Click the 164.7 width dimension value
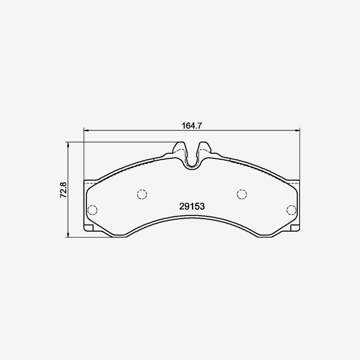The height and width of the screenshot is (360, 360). pyautogui.click(x=191, y=125)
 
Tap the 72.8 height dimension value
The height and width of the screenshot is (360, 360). pyautogui.click(x=62, y=189)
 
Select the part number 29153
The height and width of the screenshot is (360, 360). pyautogui.click(x=192, y=206)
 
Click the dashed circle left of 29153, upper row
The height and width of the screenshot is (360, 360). pyautogui.click(x=142, y=194)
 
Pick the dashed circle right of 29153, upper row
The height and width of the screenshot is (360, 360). pyautogui.click(x=242, y=194)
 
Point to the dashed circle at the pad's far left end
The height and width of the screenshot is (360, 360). pyautogui.click(x=92, y=210)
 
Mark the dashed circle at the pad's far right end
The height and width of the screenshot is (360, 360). pyautogui.click(x=291, y=210)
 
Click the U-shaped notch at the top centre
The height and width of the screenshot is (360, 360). pyautogui.click(x=192, y=158)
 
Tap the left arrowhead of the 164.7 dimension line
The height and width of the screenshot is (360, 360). pyautogui.click(x=86, y=130)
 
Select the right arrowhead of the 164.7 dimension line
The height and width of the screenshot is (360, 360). pyautogui.click(x=298, y=130)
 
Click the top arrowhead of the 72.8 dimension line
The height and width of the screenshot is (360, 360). pyautogui.click(x=68, y=144)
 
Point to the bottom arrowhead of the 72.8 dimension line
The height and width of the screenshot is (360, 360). pyautogui.click(x=68, y=235)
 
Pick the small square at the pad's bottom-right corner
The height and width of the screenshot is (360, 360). pyautogui.click(x=294, y=228)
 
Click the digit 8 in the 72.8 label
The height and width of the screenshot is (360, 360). pyautogui.click(x=62, y=184)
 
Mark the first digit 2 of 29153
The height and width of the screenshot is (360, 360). pyautogui.click(x=182, y=206)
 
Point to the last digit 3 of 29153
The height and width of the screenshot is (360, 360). pyautogui.click(x=202, y=206)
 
